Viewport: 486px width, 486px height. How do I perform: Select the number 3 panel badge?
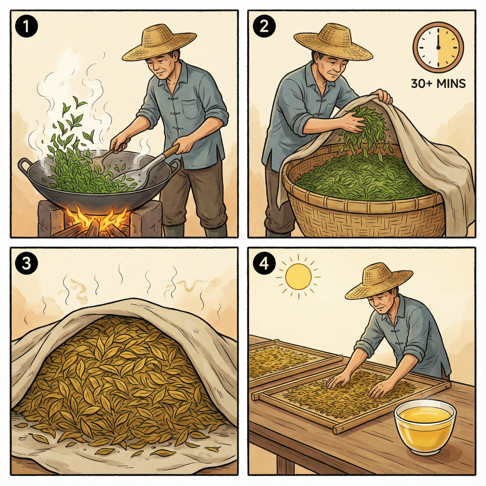point(26,264)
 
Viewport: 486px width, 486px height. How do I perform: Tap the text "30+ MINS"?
point(438,84)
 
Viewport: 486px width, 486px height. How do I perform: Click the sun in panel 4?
point(298,277)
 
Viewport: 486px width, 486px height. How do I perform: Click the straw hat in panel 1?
point(159,43)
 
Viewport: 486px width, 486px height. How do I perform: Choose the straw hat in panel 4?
point(378,282)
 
